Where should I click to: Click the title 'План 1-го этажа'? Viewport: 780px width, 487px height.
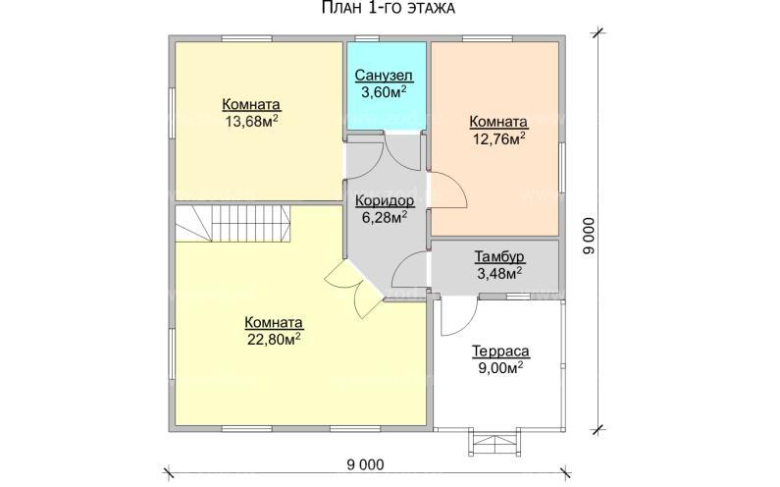389,8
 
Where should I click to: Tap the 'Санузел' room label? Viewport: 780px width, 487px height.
384,76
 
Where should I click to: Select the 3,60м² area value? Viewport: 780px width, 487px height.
384,91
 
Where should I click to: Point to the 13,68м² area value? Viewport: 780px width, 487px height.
251,121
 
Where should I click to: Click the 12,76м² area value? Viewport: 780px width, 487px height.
499,137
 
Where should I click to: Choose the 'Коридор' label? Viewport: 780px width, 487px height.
385,200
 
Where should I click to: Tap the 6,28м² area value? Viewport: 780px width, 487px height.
385,217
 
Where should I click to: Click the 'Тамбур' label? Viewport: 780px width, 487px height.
499,256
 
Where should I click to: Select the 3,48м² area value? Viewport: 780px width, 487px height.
499,273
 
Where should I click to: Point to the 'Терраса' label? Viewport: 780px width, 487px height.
500,352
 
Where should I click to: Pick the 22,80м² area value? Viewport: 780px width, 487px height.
274,339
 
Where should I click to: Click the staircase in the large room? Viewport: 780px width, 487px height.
233,224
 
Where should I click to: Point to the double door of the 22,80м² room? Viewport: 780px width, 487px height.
354,289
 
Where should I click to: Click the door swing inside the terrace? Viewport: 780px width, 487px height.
458,317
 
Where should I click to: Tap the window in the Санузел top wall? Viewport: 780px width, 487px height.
367,38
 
